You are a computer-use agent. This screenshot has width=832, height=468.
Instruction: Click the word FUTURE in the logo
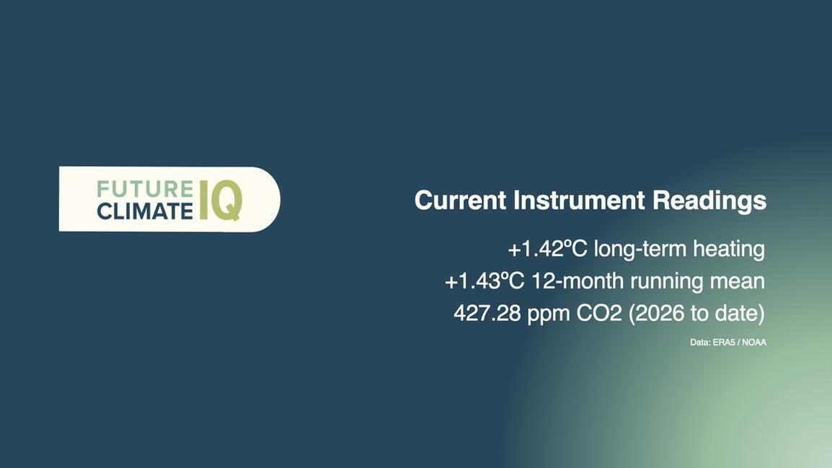[x=145, y=190]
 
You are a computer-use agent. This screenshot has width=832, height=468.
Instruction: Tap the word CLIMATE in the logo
[x=145, y=211]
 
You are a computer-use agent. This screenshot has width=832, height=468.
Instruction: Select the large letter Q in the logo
[x=227, y=200]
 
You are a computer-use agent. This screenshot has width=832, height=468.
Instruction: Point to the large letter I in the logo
[x=204, y=200]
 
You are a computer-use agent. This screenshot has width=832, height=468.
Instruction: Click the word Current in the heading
[x=460, y=200]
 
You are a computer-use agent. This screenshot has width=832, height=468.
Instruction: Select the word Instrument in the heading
[x=579, y=200]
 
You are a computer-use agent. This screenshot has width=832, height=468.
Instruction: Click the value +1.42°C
[x=548, y=249]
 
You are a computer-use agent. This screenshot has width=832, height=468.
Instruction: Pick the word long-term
[x=640, y=250]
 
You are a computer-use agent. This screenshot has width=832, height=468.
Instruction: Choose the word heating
[x=729, y=250]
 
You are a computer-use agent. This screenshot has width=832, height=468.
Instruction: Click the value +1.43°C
[x=484, y=281]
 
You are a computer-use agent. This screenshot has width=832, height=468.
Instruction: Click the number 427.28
[x=487, y=313]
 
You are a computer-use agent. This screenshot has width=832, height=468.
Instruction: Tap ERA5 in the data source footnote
[x=724, y=343]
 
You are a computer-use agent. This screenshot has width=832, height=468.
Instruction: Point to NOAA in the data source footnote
[x=754, y=343]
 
